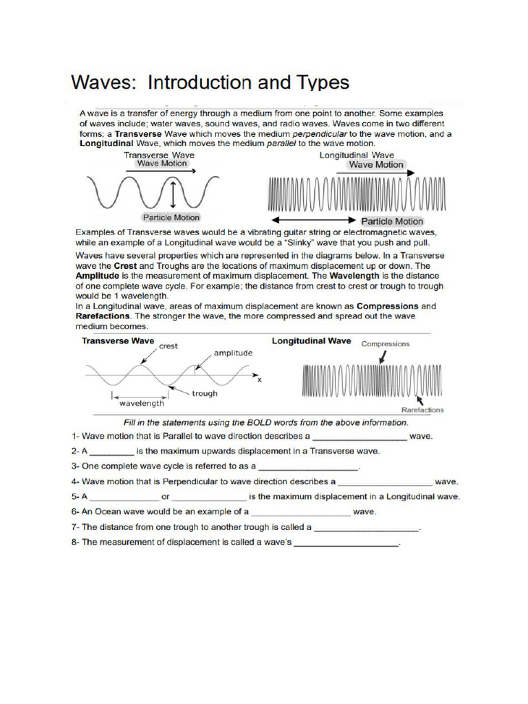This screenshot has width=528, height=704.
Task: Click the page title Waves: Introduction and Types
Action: [x=210, y=82]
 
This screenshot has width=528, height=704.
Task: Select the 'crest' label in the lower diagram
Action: [x=168, y=346]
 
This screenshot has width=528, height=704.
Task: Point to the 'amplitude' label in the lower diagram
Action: [x=233, y=353]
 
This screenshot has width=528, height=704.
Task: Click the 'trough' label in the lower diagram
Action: [x=204, y=393]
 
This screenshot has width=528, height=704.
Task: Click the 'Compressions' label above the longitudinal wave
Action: [x=386, y=344]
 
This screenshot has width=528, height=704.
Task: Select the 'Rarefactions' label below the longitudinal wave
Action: [x=422, y=410]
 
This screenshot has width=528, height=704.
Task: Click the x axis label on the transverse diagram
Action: [x=259, y=379]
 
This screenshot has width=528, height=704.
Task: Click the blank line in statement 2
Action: [x=111, y=452]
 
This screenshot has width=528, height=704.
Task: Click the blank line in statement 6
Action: [x=301, y=513]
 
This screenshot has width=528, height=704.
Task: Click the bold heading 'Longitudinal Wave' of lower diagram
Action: [x=311, y=340]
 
